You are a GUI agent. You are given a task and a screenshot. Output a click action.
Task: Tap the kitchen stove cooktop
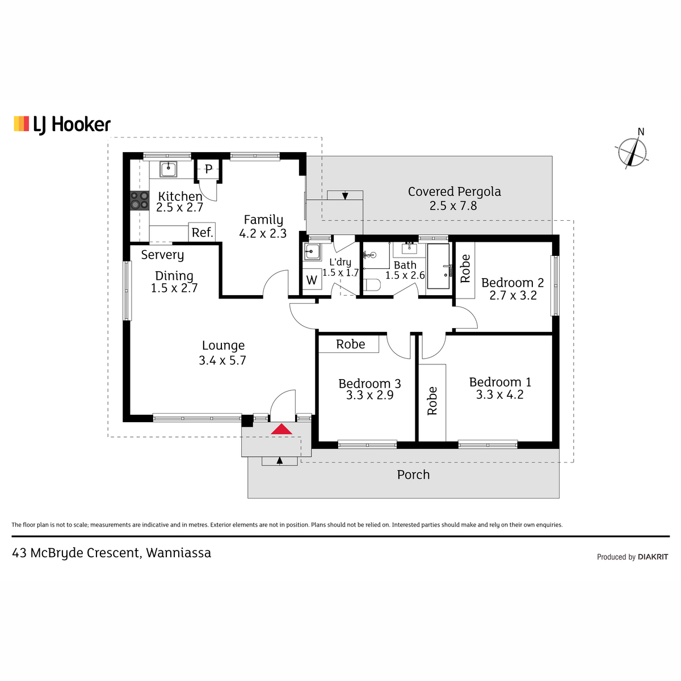click(140, 200)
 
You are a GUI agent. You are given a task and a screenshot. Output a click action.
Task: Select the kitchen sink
click(168, 169)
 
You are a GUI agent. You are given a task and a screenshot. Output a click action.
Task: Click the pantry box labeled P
click(208, 170)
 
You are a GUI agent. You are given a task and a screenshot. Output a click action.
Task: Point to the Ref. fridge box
click(202, 232)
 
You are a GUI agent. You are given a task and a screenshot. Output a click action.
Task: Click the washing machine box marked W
click(312, 280)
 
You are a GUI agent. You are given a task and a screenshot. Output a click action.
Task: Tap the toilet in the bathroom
click(372, 284)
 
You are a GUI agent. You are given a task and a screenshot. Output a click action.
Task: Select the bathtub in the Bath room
click(438, 266)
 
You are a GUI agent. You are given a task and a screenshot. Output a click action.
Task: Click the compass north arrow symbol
click(632, 152)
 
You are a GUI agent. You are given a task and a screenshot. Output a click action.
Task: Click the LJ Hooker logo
click(62, 125)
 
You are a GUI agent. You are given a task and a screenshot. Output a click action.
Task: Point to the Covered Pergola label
click(454, 192)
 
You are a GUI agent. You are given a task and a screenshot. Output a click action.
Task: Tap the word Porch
click(413, 474)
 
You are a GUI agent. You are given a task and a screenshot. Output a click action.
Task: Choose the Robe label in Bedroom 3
click(350, 344)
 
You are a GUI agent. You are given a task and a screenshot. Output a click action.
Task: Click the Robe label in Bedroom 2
click(465, 268)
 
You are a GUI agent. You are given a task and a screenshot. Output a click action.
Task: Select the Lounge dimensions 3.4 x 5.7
click(222, 360)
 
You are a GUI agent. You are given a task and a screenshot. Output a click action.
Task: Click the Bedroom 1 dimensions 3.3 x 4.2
click(499, 394)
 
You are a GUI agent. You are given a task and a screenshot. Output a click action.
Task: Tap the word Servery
click(162, 255)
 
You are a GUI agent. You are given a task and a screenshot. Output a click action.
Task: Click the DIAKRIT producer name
click(653, 557)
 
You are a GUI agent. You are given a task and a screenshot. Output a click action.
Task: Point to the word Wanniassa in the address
click(178, 553)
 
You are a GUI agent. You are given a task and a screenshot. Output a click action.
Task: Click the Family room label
click(263, 220)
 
